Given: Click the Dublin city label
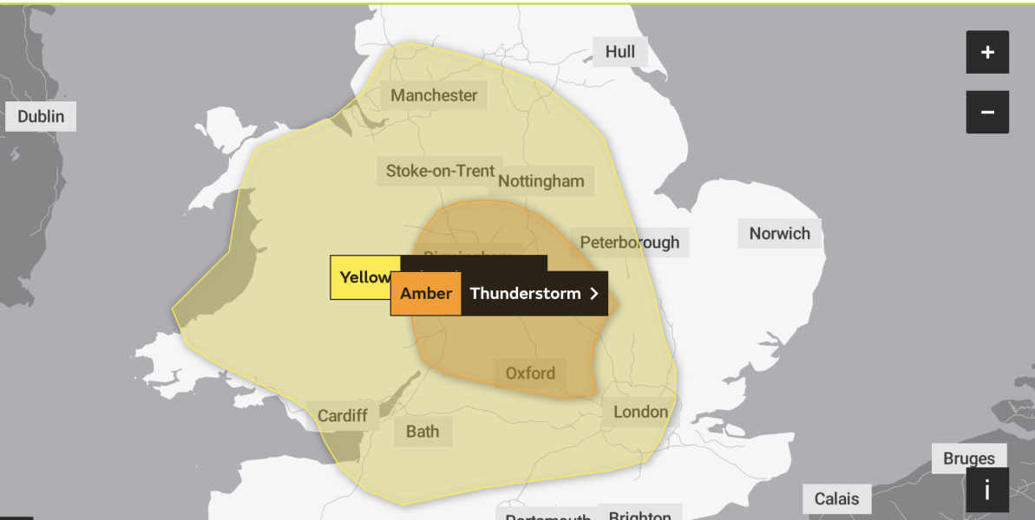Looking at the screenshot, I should click(41, 116).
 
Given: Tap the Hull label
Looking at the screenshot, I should click(620, 52).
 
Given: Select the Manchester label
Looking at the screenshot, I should click(434, 95).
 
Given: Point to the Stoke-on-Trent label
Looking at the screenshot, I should click(440, 171).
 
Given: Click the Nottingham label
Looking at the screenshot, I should click(541, 182).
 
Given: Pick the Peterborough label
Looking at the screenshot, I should click(630, 242).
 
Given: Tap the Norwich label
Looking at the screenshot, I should click(779, 233).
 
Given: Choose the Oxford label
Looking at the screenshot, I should click(530, 374).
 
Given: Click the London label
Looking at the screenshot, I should click(640, 412).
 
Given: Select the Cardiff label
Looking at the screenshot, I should click(342, 416).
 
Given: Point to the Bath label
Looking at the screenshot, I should click(423, 431).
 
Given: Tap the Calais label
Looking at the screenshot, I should click(836, 498).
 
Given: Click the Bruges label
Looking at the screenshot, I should click(969, 458).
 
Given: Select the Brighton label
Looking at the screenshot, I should click(639, 515).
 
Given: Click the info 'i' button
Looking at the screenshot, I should click(987, 491).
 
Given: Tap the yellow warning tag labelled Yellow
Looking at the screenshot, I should click(364, 277).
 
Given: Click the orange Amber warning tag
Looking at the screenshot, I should click(426, 294).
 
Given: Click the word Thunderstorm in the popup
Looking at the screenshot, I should click(525, 294).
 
